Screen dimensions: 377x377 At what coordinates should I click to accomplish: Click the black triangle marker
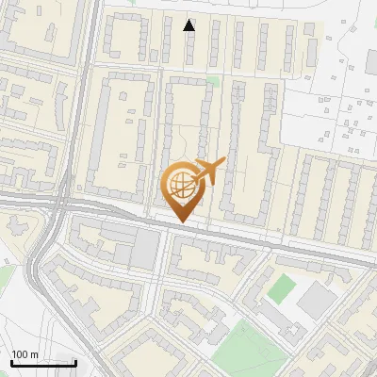[189, 25]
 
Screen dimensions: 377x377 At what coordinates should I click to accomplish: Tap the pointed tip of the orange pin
[182, 222]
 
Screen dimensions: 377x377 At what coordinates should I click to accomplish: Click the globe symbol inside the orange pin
[182, 186]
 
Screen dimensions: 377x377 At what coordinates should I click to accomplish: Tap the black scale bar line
[43, 362]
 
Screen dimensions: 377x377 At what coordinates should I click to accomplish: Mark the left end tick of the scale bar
[12, 360]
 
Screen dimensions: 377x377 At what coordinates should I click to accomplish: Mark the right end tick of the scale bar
[74, 360]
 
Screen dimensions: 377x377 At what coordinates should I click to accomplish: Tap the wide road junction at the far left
[58, 203]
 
